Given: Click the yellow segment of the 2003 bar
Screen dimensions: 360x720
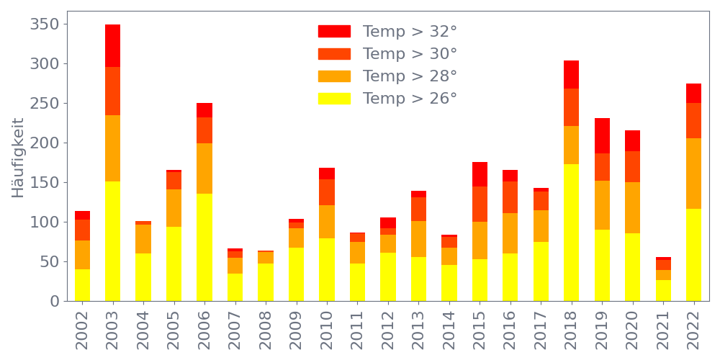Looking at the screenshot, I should tap(112, 240).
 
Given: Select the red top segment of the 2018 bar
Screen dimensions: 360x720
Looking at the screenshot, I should tap(572, 74).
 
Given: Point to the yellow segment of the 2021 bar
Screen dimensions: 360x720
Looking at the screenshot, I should tap(663, 290).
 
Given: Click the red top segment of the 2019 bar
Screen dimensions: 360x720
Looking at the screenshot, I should tap(602, 135).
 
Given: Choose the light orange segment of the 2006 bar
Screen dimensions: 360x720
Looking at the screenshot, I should tap(204, 168).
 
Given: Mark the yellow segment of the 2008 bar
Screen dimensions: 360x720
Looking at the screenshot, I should tap(266, 282).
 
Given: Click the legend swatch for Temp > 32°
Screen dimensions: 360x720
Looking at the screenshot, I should tap(334, 32).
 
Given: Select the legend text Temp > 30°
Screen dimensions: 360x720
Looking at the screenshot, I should tap(410, 54).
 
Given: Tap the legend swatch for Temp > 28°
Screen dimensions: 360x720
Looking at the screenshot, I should tap(334, 76).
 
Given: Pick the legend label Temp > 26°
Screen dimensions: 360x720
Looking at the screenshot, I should tap(410, 99).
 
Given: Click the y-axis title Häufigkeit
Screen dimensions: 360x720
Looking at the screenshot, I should tap(19, 157).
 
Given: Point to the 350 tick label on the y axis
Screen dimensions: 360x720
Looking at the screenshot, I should tap(44, 24).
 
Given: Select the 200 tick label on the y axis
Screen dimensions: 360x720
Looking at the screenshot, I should tap(44, 143).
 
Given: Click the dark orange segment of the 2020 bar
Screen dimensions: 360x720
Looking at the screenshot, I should tap(633, 166).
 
